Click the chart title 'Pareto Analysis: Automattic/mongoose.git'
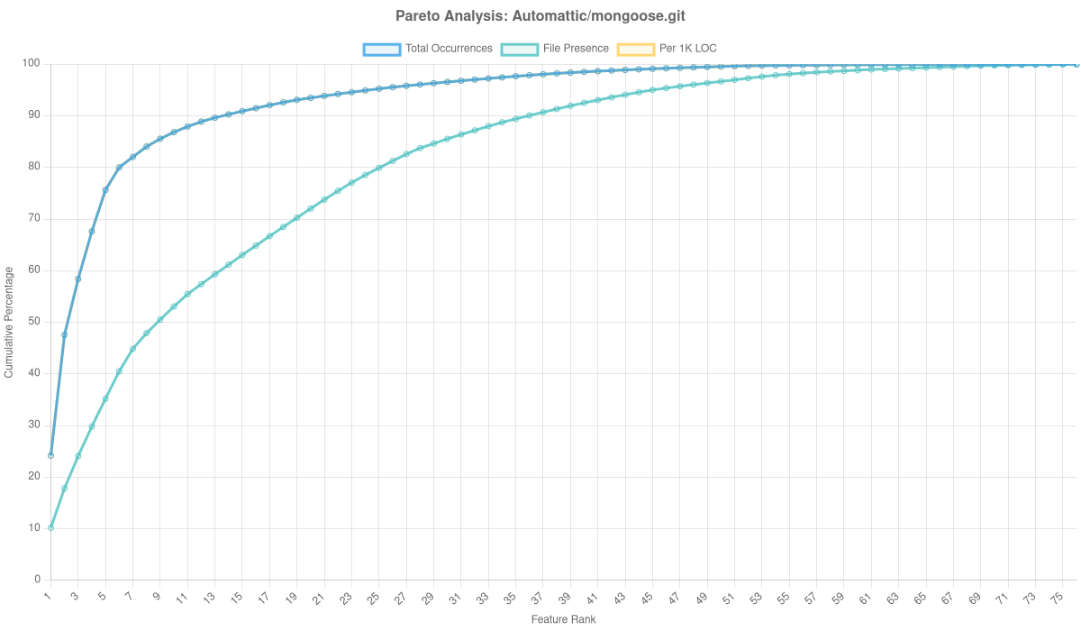tap(540, 16)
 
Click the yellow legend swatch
tap(635, 49)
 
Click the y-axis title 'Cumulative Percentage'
tap(8, 321)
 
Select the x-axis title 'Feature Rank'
tap(563, 620)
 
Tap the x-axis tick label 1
tap(48, 596)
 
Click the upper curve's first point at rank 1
tap(50, 455)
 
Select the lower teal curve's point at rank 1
tap(50, 527)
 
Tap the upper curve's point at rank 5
tap(105, 190)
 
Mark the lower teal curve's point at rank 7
tap(132, 348)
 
